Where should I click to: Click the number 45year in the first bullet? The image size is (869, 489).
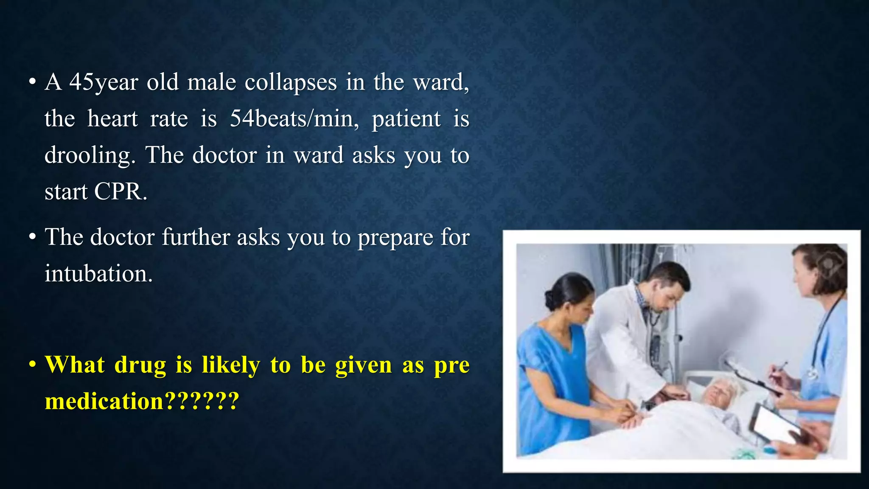(104, 82)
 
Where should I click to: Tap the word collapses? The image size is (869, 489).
(291, 82)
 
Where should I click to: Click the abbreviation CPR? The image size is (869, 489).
(121, 192)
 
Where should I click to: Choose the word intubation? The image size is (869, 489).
(98, 273)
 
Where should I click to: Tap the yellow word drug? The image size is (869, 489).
(140, 365)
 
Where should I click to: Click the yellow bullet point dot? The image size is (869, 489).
(32, 365)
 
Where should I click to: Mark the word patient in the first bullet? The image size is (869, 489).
(406, 119)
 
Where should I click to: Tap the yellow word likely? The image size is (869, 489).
(231, 365)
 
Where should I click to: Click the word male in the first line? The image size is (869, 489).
(211, 82)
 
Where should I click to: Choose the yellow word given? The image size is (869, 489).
(364, 365)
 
